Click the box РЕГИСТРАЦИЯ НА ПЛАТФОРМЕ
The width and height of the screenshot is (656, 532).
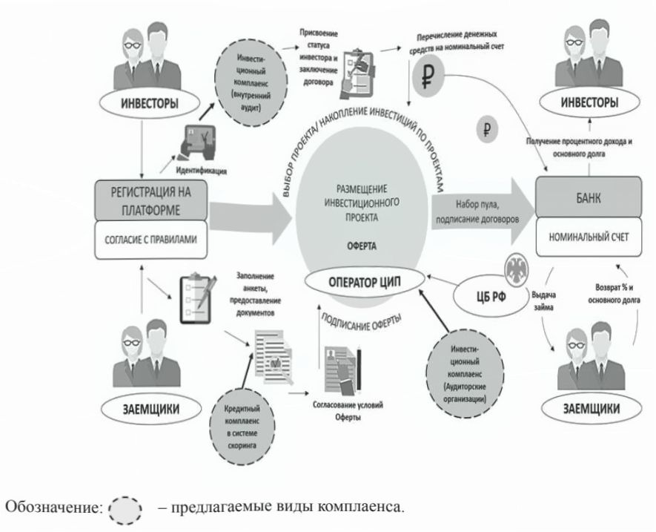[x=152, y=201]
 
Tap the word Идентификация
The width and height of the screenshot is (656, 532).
[x=201, y=170]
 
